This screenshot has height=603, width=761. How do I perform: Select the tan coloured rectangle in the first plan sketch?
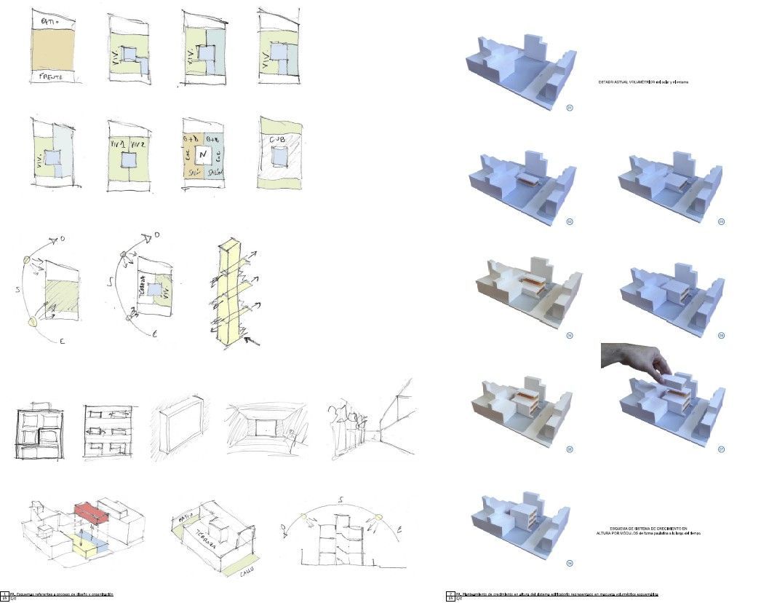point(53,50)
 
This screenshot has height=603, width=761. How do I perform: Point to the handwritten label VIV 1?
point(118,145)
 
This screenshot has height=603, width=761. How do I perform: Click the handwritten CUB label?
point(277,141)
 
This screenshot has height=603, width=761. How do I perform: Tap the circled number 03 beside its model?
point(721,220)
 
